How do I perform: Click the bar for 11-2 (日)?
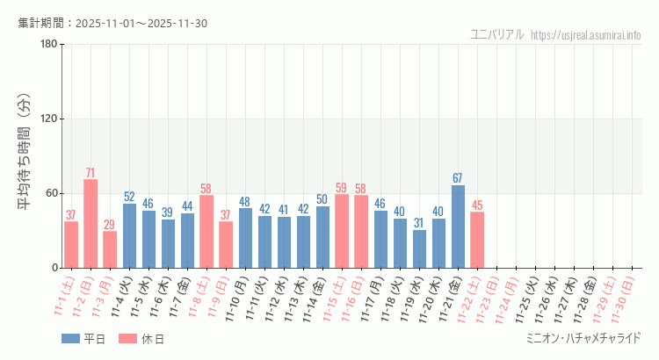pos(91,223)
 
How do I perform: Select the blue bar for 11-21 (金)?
pos(458,226)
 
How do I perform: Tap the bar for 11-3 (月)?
pos(110,249)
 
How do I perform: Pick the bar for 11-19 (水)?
pos(419,248)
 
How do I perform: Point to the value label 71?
pos(91,172)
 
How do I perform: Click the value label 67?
pos(458,178)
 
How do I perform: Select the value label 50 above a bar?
pos(322,199)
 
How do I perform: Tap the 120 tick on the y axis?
pos(49,119)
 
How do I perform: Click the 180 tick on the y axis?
pos(49,44)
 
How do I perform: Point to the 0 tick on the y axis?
pos(54,268)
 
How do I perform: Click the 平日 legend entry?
pos(84,339)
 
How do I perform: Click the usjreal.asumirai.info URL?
pos(586,34)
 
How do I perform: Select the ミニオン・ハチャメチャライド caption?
pos(583,338)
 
